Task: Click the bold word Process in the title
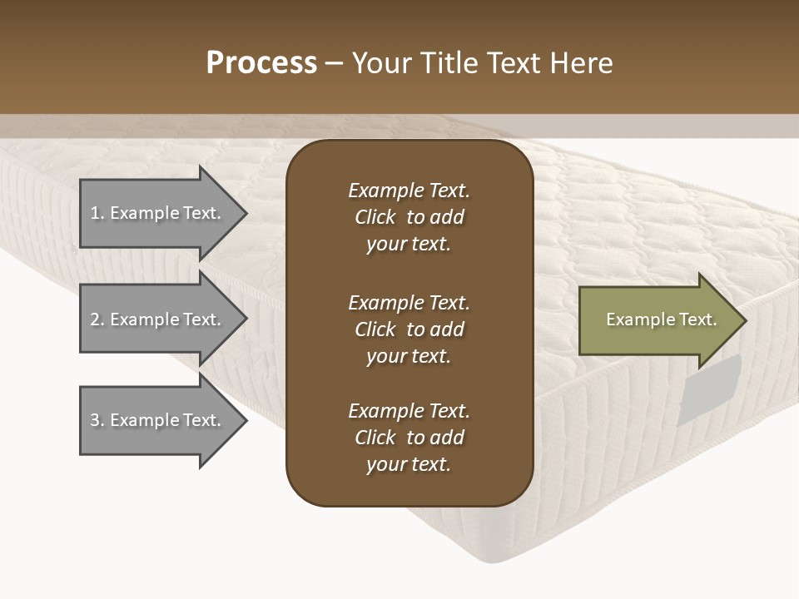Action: tap(261, 63)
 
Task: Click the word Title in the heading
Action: tap(450, 63)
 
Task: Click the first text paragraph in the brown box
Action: tap(409, 217)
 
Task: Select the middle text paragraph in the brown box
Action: tap(409, 329)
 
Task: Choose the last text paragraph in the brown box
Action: tap(409, 438)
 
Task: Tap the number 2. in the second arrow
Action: tap(97, 319)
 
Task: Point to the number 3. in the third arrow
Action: tap(97, 420)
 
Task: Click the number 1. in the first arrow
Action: tap(97, 213)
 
